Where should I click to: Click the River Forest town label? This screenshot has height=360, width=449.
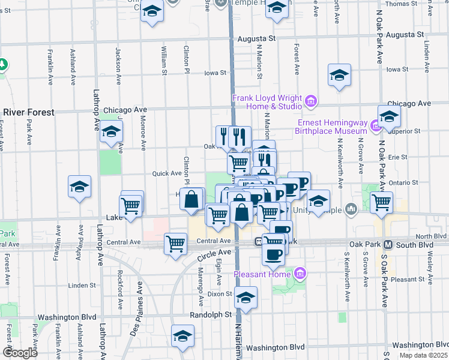pos(28,112)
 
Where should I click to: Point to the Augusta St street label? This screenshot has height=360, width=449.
pos(256,38)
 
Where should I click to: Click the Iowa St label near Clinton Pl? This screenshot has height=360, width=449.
pos(215,73)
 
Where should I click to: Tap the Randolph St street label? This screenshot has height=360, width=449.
pos(210,314)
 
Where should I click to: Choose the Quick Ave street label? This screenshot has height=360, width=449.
pos(167,173)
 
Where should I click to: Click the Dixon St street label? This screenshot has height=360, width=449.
pos(220,294)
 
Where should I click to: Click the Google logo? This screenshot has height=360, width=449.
pos(20,353)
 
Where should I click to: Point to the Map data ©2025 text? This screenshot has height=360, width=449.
pos(424,355)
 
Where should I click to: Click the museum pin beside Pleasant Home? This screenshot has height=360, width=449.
pos(301,275)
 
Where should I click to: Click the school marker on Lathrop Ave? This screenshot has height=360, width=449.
pos(111,132)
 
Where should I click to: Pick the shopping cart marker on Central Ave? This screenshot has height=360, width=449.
pos(175,243)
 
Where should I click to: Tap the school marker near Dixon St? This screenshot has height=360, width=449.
pos(246,296)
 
